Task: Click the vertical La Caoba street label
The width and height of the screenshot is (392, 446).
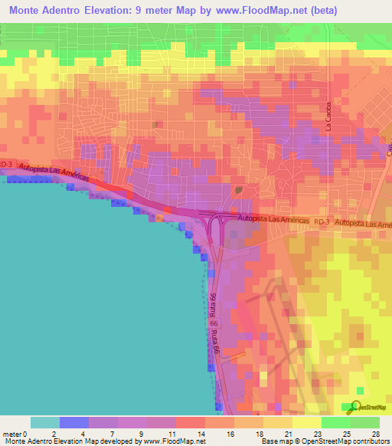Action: click(x=329, y=116)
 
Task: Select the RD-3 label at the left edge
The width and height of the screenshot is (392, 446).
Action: click(x=6, y=163)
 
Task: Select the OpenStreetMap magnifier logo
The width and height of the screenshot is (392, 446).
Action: click(x=356, y=406)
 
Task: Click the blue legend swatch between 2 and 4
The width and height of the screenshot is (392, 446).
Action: click(x=74, y=422)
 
